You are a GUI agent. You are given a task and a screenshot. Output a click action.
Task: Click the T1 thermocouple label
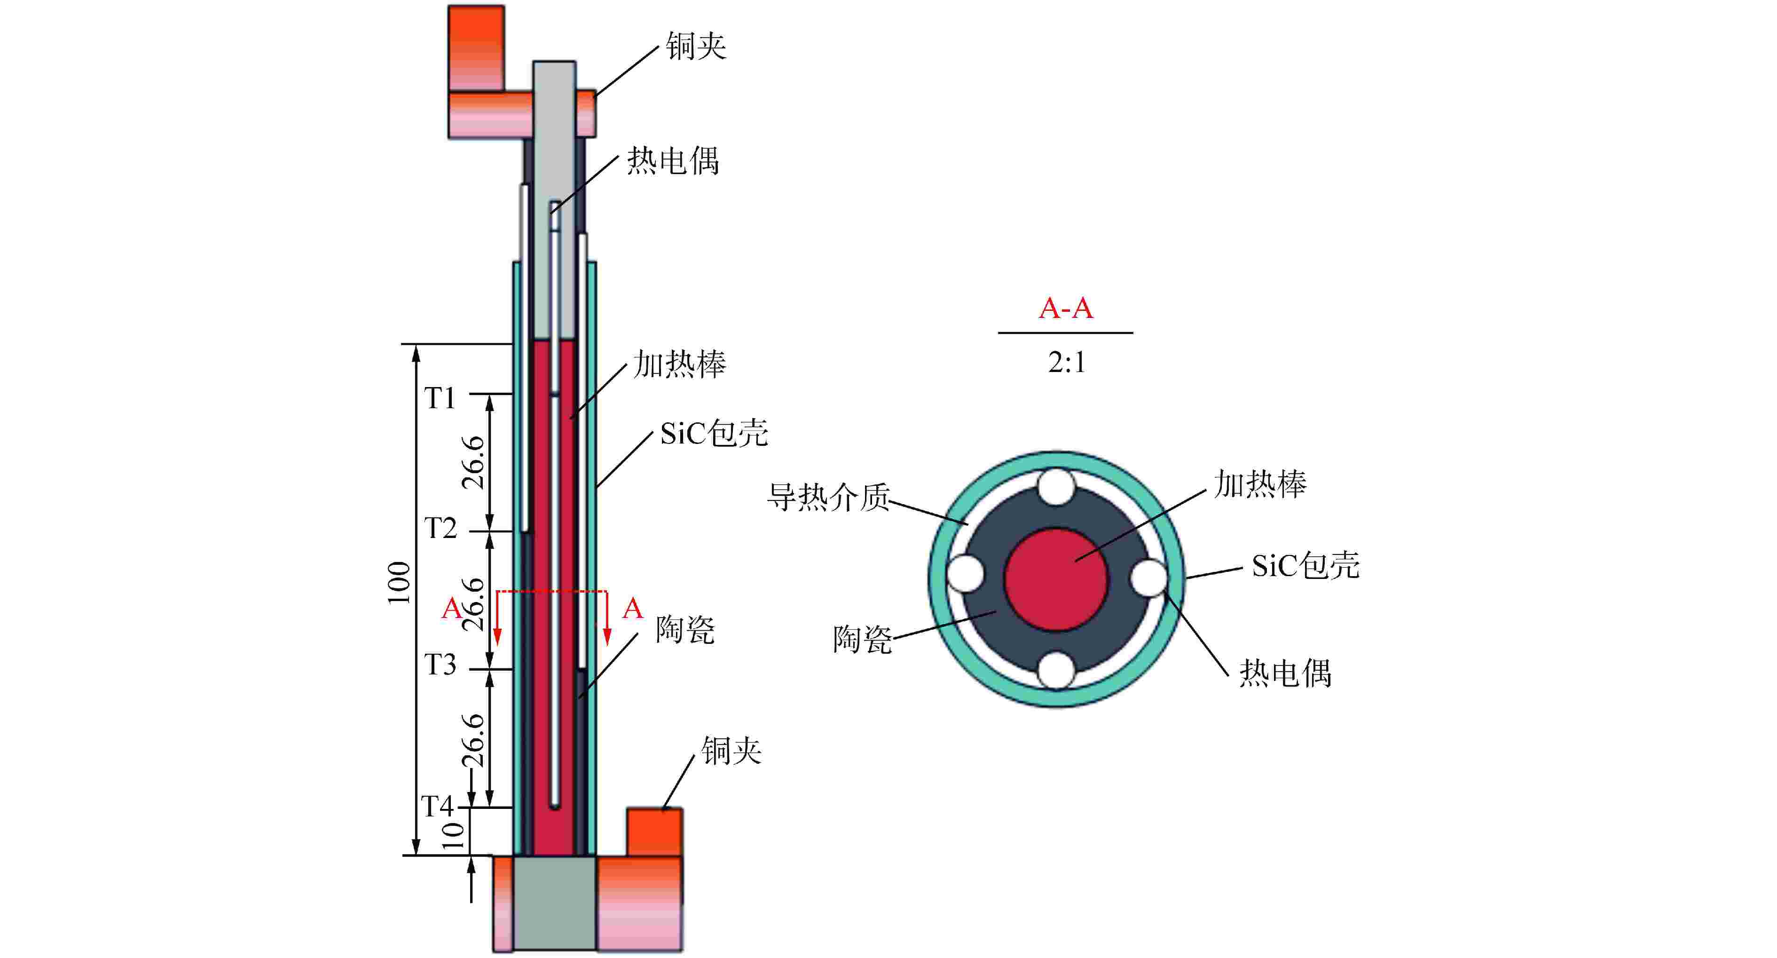pyautogui.click(x=440, y=398)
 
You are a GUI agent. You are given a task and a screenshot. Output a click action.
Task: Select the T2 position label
pyautogui.click(x=440, y=529)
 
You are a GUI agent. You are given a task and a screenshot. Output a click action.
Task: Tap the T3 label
pyautogui.click(x=440, y=665)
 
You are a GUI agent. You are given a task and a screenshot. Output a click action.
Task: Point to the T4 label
pyautogui.click(x=437, y=806)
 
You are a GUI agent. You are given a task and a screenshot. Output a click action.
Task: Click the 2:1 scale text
pyautogui.click(x=1067, y=362)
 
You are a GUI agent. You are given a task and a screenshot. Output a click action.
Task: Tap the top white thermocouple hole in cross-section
pyautogui.click(x=1056, y=487)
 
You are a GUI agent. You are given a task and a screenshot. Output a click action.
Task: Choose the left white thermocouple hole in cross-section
pyautogui.click(x=966, y=574)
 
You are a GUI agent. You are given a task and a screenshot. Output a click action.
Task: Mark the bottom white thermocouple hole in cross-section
pyautogui.click(x=1056, y=670)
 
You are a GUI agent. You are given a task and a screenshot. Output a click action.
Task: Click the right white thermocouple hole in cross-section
pyautogui.click(x=1148, y=577)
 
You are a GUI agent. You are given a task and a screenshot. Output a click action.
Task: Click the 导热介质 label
pyautogui.click(x=828, y=497)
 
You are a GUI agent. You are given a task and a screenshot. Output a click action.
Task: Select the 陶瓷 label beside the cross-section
pyautogui.click(x=862, y=639)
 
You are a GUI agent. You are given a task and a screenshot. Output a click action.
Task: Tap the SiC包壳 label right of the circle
pyautogui.click(x=1305, y=566)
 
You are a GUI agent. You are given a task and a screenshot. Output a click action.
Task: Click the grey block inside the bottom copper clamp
pyautogui.click(x=555, y=903)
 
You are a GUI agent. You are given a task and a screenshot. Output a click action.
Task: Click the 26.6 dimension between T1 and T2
pyautogui.click(x=473, y=462)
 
